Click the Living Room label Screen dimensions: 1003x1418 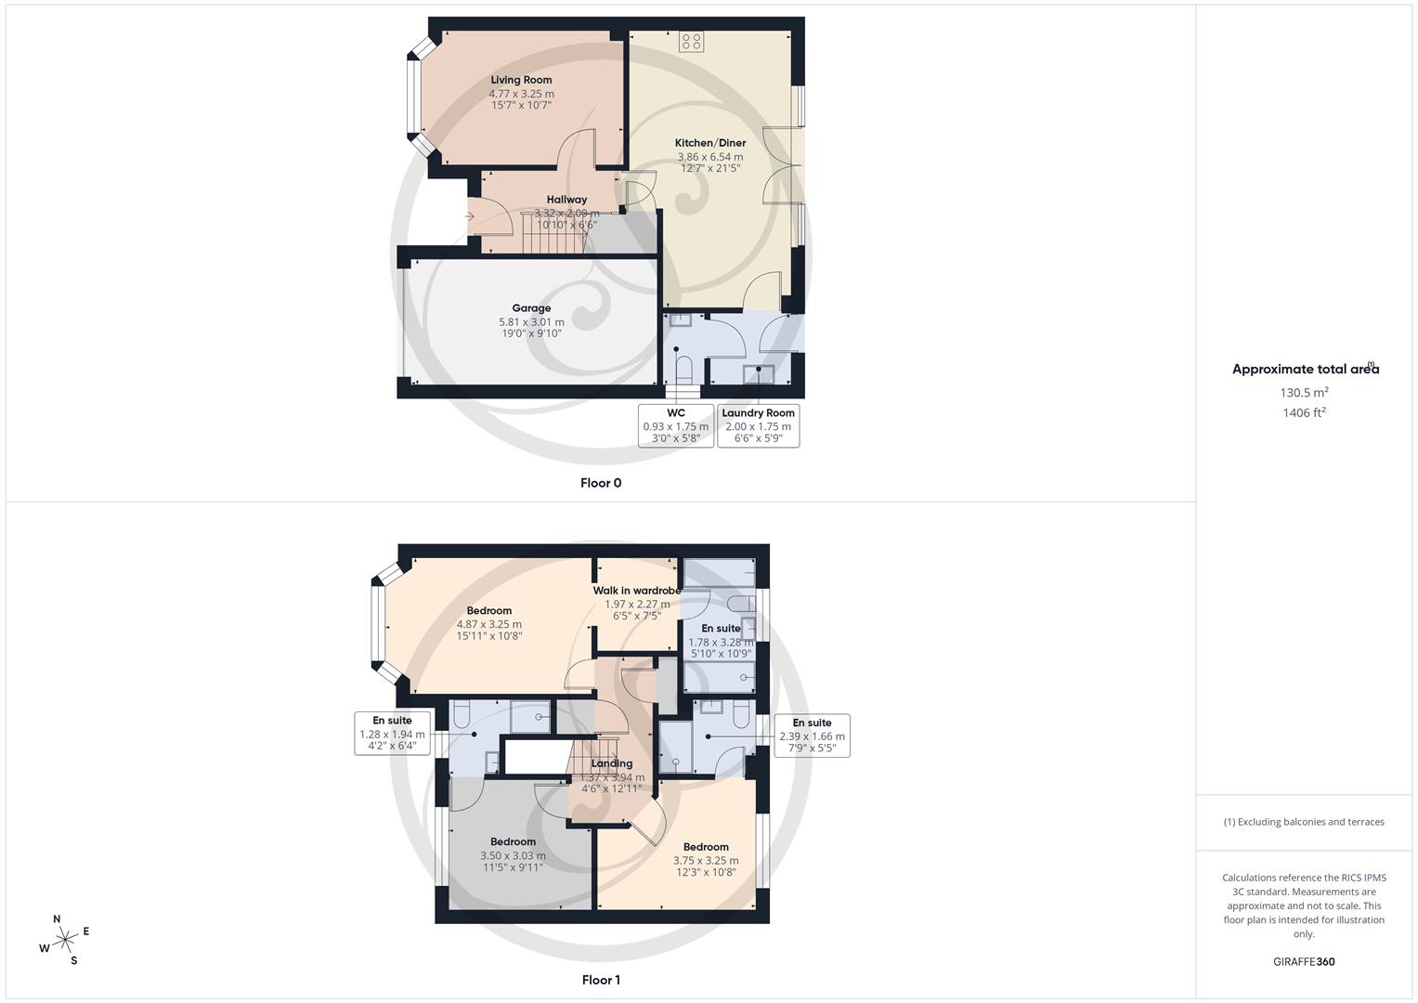pyautogui.click(x=521, y=80)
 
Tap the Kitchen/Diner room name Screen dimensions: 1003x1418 pyautogui.click(x=710, y=143)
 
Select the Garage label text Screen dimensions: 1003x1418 pyautogui.click(x=531, y=308)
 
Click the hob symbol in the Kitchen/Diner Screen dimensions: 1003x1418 pyautogui.click(x=691, y=41)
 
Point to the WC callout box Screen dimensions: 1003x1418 pyautogui.click(x=675, y=425)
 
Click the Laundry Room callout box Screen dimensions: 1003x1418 pyautogui.click(x=758, y=425)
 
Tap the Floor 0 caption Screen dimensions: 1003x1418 pyautogui.click(x=601, y=483)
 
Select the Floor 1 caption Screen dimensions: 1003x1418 pyautogui.click(x=601, y=980)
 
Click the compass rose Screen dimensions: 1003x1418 pyautogui.click(x=65, y=941)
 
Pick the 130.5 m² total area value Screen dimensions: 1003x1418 pyautogui.click(x=1305, y=393)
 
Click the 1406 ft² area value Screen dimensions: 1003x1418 pyautogui.click(x=1305, y=413)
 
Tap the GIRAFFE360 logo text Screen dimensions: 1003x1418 pyautogui.click(x=1304, y=962)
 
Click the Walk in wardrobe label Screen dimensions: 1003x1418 pyautogui.click(x=637, y=591)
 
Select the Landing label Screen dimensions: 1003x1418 pyautogui.click(x=612, y=763)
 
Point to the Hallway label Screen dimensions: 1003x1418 pyautogui.click(x=566, y=200)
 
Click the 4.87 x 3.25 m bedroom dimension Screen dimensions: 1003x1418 pyautogui.click(x=488, y=624)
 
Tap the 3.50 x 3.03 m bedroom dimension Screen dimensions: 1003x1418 pyautogui.click(x=513, y=856)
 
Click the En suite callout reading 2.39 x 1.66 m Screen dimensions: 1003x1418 pyautogui.click(x=812, y=735)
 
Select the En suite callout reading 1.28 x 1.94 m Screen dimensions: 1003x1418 pyautogui.click(x=392, y=733)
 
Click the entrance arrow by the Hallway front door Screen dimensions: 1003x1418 pyautogui.click(x=470, y=216)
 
